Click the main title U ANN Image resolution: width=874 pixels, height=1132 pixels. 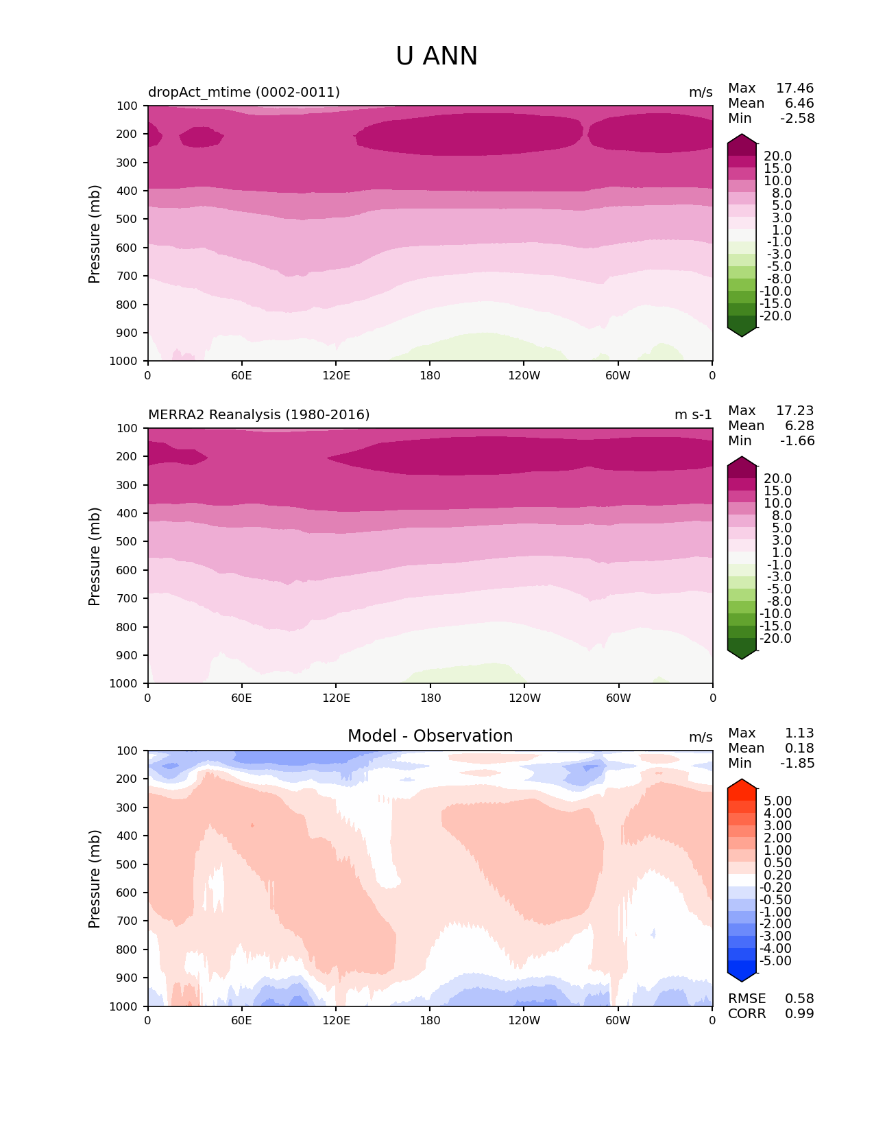click(437, 56)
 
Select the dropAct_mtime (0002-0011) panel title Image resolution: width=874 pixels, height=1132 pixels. click(244, 92)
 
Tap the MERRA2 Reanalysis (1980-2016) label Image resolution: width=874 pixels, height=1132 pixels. click(259, 414)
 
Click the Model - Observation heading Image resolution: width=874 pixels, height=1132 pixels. click(430, 736)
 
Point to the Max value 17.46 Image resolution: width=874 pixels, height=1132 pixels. click(794, 89)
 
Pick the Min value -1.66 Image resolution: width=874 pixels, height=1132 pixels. click(797, 441)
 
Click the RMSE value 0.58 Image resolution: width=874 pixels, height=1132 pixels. click(799, 999)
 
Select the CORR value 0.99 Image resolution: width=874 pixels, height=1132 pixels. click(799, 1014)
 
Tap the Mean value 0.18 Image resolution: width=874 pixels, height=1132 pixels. click(799, 748)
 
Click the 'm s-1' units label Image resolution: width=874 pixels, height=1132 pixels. click(693, 414)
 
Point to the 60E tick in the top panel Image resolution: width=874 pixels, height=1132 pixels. click(241, 375)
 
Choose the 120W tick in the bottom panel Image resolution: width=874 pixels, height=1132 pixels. click(524, 1020)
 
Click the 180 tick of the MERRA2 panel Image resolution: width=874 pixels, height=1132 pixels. click(430, 698)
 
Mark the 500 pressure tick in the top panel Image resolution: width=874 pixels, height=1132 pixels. click(128, 219)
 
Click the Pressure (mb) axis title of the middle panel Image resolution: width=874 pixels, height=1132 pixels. click(95, 556)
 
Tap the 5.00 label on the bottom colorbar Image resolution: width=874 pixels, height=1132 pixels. click(777, 801)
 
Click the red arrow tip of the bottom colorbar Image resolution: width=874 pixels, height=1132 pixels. click(742, 783)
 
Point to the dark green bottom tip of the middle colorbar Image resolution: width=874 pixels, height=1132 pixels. click(742, 655)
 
